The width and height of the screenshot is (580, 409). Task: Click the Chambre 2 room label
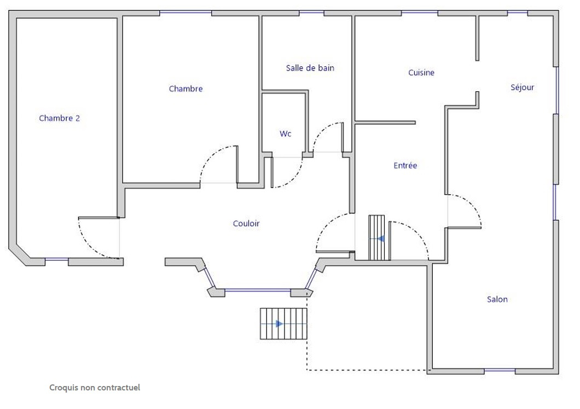(60, 118)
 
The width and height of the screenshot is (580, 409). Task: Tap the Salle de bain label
(310, 68)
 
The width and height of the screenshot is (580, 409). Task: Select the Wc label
(285, 133)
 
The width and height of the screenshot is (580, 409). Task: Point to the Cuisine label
(421, 73)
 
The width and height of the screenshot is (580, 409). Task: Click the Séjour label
(523, 87)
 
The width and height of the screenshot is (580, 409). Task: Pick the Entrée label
(405, 165)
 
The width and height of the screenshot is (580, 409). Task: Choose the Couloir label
(246, 223)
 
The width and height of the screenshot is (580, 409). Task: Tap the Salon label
(497, 299)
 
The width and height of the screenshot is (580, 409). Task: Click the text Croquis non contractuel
(95, 388)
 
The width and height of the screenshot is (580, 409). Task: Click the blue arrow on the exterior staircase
(280, 324)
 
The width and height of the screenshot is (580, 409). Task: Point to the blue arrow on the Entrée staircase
(381, 239)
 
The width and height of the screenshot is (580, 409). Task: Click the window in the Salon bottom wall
(500, 370)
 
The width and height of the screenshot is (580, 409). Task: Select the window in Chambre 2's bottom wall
(56, 260)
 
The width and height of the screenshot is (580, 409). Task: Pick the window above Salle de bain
(311, 13)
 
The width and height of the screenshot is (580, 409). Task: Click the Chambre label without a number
(185, 89)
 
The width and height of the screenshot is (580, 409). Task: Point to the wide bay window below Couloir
(258, 291)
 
